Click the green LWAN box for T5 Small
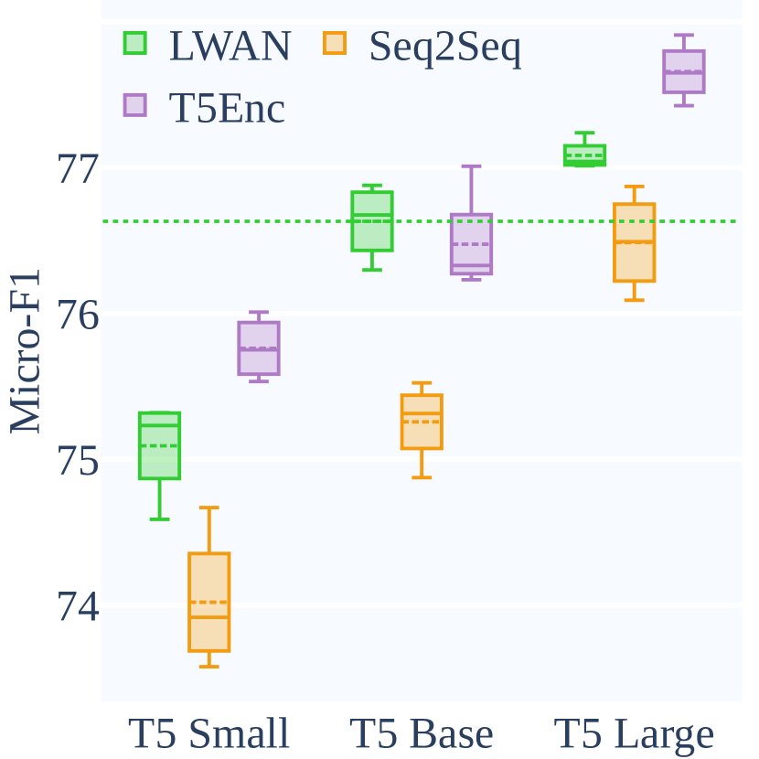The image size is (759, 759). click(159, 445)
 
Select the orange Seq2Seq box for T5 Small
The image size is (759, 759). click(208, 602)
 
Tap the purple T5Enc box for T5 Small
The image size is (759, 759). click(259, 347)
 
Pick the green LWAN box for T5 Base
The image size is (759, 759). click(372, 220)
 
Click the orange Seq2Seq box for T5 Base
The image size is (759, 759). click(422, 422)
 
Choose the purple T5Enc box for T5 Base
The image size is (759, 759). click(472, 243)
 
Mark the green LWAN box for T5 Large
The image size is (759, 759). click(584, 155)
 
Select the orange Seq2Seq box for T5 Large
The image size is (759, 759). click(634, 242)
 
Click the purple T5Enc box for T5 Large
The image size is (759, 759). click(683, 71)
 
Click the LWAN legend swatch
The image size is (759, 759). click(135, 42)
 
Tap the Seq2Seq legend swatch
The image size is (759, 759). click(336, 42)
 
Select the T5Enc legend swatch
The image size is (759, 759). click(135, 105)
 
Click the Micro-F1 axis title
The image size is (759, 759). click(26, 352)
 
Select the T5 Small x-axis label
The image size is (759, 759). click(208, 733)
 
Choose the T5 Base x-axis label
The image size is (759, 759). click(422, 733)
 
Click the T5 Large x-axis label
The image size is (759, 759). click(634, 733)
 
